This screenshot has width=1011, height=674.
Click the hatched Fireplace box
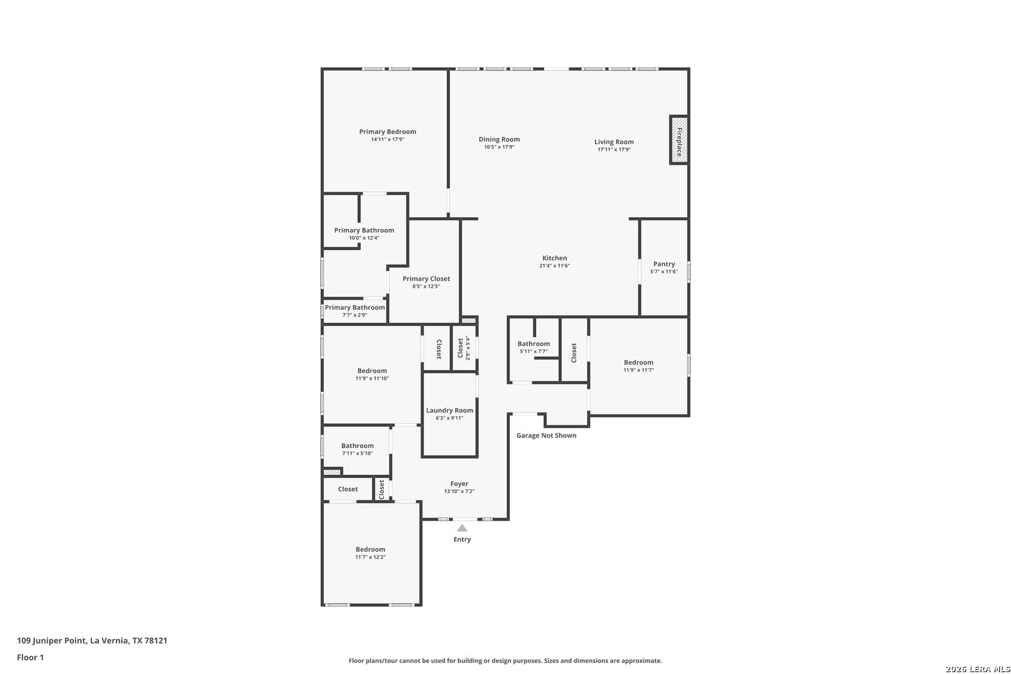pyautogui.click(x=678, y=140)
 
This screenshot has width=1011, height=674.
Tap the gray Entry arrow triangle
pyautogui.click(x=462, y=528)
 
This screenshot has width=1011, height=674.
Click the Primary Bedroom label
pyautogui.click(x=388, y=132)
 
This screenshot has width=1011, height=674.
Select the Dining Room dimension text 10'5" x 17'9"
pyautogui.click(x=499, y=147)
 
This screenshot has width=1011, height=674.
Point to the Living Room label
pyautogui.click(x=614, y=142)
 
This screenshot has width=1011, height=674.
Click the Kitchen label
pyautogui.click(x=555, y=258)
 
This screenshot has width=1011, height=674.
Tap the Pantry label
pyautogui.click(x=664, y=264)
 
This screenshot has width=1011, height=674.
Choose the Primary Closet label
pyautogui.click(x=426, y=279)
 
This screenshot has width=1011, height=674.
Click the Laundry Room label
pyautogui.click(x=449, y=411)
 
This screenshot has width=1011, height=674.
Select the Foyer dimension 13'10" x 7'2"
pyautogui.click(x=459, y=492)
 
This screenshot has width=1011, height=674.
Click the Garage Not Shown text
pyautogui.click(x=546, y=436)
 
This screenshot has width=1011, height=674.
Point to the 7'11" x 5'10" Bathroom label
pyautogui.click(x=358, y=446)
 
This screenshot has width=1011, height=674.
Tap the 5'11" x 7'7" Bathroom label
pyautogui.click(x=534, y=344)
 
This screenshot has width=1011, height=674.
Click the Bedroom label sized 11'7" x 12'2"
pyautogui.click(x=370, y=550)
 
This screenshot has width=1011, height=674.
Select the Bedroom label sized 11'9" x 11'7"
pyautogui.click(x=638, y=363)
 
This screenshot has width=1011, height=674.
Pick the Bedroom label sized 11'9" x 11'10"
pyautogui.click(x=372, y=371)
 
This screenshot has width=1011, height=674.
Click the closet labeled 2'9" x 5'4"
pyautogui.click(x=464, y=348)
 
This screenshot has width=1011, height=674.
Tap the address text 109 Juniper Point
pyautogui.click(x=51, y=640)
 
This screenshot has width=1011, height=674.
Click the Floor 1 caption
pyautogui.click(x=30, y=658)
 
